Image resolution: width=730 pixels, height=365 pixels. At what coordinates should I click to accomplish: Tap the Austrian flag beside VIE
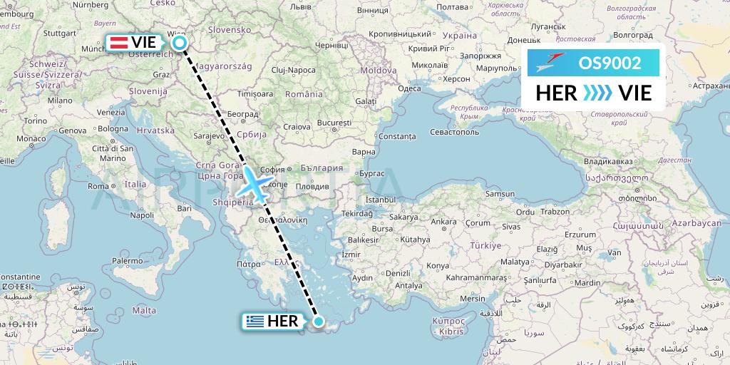(x=118, y=42)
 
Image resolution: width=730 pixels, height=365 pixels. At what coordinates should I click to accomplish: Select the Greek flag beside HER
(x=253, y=322)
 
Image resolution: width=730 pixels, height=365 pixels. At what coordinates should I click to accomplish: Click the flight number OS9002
(x=610, y=63)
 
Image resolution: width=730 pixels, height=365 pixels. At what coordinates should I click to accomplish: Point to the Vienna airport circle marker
(x=180, y=43)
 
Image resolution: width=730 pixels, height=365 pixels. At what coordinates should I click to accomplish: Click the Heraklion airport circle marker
(x=318, y=322)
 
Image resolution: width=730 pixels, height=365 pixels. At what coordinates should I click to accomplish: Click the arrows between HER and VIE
(x=597, y=93)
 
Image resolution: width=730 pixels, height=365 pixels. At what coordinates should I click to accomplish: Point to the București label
(x=335, y=123)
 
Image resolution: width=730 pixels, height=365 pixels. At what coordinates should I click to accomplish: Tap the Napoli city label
(x=142, y=215)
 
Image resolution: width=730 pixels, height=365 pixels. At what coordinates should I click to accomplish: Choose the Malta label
(x=143, y=310)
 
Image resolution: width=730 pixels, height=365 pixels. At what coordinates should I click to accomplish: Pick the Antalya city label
(x=410, y=286)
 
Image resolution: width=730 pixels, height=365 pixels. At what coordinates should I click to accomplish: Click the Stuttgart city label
(x=60, y=33)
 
